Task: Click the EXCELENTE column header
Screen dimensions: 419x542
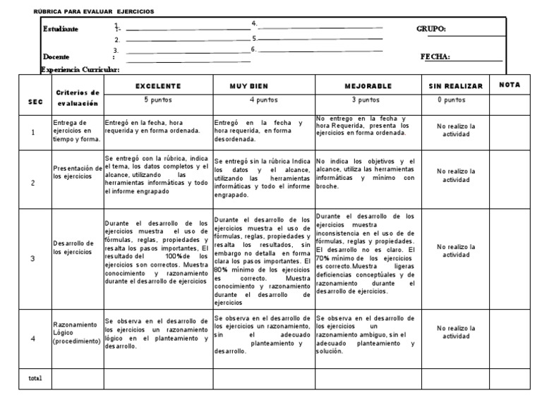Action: [x=157, y=85]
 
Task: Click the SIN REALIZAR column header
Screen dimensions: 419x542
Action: [x=455, y=86]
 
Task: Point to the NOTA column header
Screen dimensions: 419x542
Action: [x=509, y=84]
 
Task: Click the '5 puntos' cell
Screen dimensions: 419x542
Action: [x=157, y=100]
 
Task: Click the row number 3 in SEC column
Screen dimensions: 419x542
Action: [x=32, y=259]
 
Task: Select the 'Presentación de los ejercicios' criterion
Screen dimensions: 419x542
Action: [x=77, y=171]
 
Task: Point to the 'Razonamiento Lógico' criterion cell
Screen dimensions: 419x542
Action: [x=77, y=332]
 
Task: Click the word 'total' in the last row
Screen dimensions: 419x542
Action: [x=35, y=378]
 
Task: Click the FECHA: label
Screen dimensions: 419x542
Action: [x=435, y=57]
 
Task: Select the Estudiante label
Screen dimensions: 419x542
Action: [x=61, y=29]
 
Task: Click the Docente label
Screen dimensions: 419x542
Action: [x=56, y=56]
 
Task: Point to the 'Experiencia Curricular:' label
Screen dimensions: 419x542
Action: [x=80, y=69]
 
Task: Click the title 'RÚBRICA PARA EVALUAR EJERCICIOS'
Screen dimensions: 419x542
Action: [x=94, y=11]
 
